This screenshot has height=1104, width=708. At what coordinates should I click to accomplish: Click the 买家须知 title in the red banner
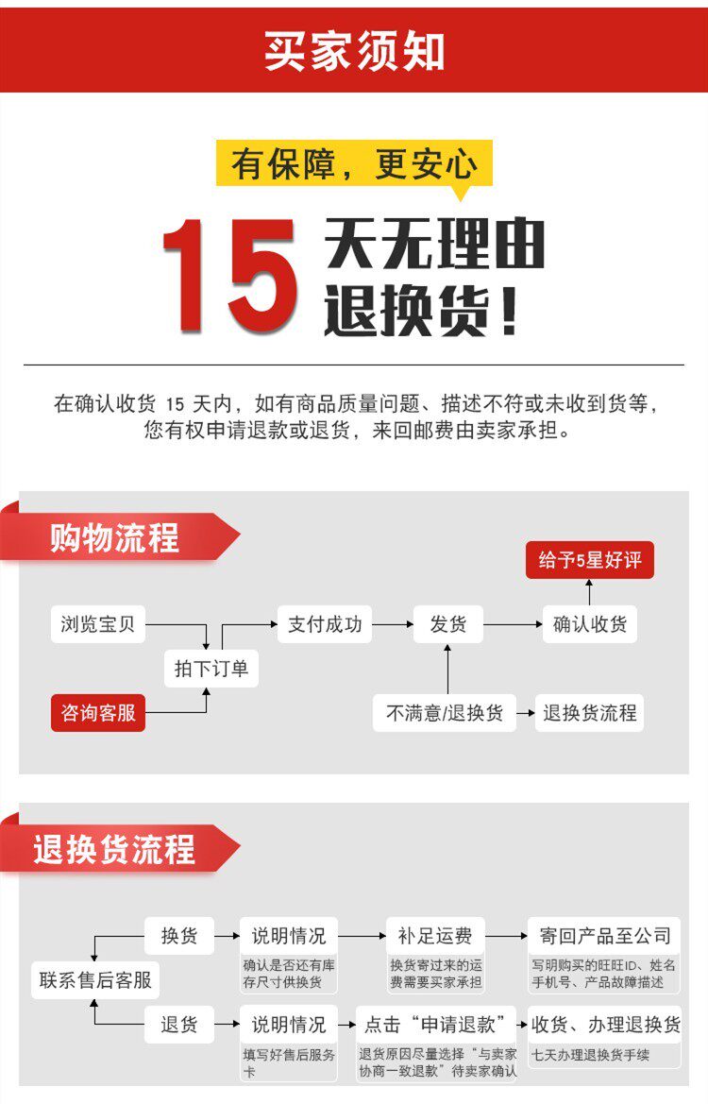point(354,50)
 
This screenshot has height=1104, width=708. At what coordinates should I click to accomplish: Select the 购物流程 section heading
point(114,538)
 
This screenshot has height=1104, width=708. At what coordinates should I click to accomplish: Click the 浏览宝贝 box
point(98,624)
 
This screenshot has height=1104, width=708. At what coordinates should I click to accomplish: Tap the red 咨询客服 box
point(98,713)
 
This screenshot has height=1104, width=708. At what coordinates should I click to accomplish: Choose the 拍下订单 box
point(211,669)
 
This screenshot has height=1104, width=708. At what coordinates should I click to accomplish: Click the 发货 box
point(447,624)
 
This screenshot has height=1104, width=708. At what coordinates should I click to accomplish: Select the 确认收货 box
point(590,624)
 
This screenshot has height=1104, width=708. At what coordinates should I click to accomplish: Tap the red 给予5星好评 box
point(590,560)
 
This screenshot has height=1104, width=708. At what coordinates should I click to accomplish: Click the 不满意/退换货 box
point(445,713)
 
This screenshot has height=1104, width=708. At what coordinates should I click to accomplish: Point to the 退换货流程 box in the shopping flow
point(590,713)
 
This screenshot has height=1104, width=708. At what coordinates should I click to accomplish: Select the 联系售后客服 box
point(95,980)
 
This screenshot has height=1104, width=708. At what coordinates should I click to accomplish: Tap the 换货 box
point(179,936)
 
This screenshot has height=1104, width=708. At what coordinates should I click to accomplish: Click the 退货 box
point(179,1024)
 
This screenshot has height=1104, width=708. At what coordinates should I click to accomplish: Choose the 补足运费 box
point(435,936)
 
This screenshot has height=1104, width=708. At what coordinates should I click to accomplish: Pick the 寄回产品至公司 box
point(605,936)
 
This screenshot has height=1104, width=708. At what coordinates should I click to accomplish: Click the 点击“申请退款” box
point(435,1024)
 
